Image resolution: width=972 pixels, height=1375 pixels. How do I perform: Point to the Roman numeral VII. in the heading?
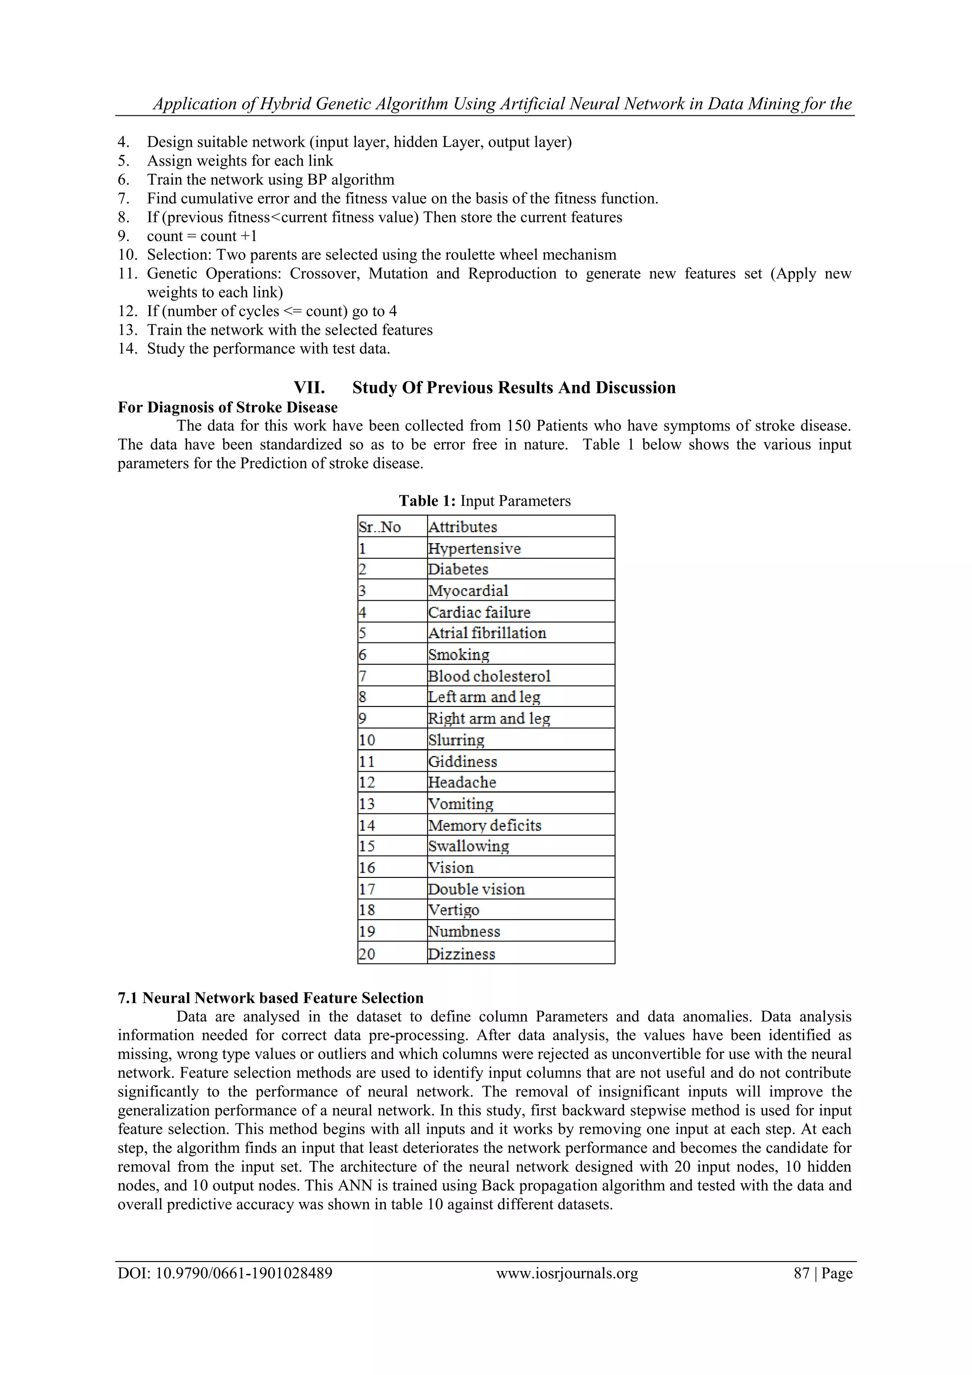pos(309,387)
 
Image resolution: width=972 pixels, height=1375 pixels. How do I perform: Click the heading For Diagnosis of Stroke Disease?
pos(227,407)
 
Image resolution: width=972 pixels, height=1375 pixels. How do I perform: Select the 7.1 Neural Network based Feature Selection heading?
pos(271,998)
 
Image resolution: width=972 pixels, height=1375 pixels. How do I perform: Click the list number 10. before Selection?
pos(128,254)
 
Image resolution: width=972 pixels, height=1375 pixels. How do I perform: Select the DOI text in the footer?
pos(224,1273)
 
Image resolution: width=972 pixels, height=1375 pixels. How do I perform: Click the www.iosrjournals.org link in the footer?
pos(567,1273)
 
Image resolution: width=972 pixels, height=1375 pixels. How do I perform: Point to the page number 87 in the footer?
pos(801,1273)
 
